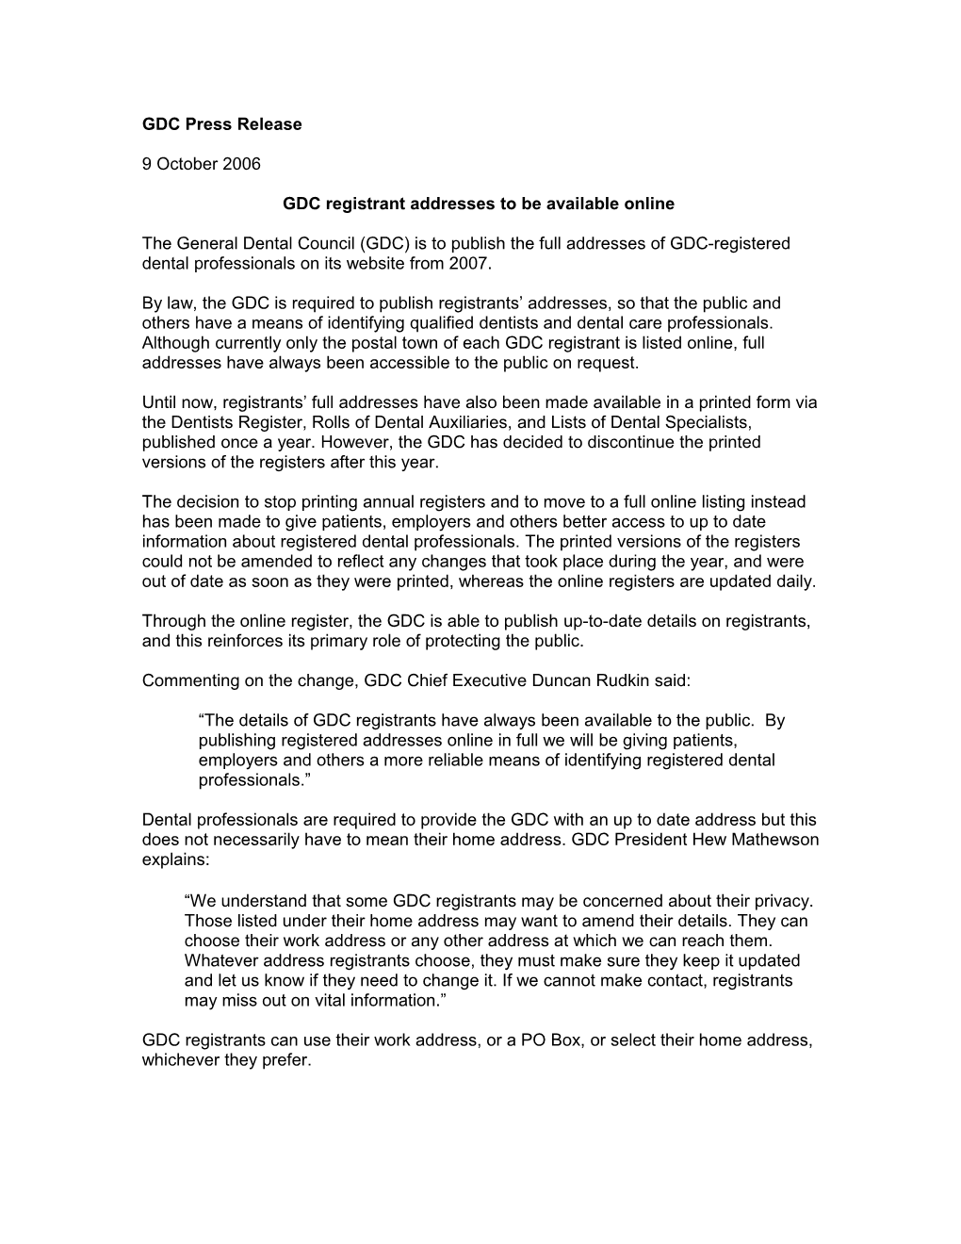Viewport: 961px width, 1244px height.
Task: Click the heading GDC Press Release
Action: tap(221, 124)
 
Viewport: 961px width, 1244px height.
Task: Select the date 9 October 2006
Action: tap(201, 164)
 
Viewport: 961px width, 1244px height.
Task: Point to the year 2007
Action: tap(472, 263)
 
